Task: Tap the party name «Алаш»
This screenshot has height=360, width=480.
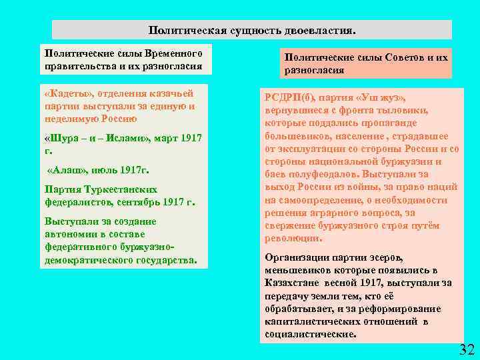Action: pos(62,169)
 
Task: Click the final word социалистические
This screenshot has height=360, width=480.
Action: pos(309,333)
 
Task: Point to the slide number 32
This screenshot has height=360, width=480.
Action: pos(467,349)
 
